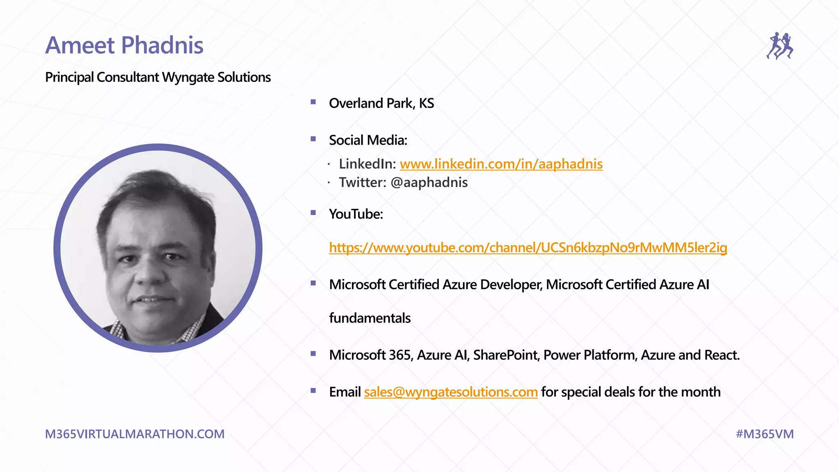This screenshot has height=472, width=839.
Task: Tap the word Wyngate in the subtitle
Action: click(x=188, y=77)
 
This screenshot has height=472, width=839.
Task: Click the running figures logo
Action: click(x=780, y=46)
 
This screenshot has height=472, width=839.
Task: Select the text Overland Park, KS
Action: click(x=381, y=104)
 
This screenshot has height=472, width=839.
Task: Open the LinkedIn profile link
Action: click(x=501, y=164)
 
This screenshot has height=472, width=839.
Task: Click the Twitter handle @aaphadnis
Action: click(x=429, y=183)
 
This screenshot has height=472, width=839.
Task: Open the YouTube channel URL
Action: click(x=528, y=248)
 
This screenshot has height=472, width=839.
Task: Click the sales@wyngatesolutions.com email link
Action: click(x=451, y=392)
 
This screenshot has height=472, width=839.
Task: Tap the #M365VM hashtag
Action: click(x=764, y=434)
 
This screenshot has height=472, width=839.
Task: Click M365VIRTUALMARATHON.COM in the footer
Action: click(x=135, y=434)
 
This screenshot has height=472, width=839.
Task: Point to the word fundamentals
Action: click(x=370, y=318)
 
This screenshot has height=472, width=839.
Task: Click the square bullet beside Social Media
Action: click(x=313, y=139)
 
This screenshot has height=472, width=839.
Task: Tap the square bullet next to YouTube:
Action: click(x=313, y=213)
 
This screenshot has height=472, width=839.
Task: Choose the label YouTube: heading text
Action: click(x=356, y=214)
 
